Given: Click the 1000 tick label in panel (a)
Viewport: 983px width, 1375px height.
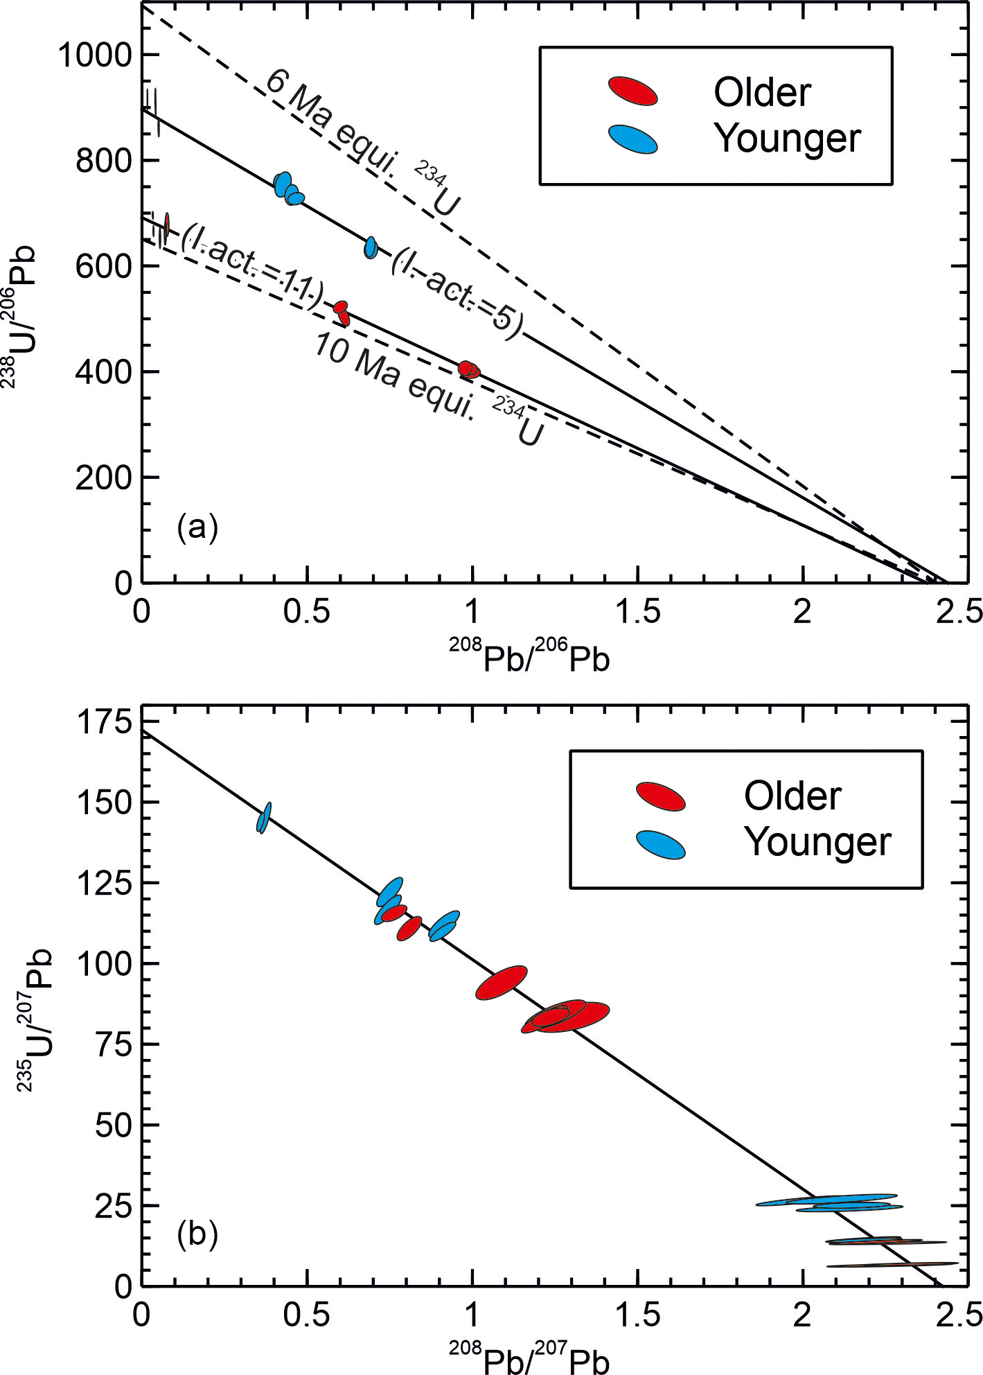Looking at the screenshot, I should [x=94, y=55].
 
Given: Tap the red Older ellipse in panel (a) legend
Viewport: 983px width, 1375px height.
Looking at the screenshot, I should [x=632, y=91].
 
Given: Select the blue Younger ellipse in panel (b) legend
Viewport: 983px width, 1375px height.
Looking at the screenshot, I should [x=660, y=845].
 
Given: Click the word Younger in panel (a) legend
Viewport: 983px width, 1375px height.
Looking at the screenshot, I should [x=788, y=139].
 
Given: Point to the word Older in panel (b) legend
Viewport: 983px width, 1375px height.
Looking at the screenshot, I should [x=792, y=796].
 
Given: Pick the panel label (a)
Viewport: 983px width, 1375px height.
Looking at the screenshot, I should [x=197, y=527].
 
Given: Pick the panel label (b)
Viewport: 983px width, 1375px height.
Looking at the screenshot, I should [x=197, y=1234].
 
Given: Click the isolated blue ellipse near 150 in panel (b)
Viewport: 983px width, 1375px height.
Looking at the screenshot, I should [x=264, y=818].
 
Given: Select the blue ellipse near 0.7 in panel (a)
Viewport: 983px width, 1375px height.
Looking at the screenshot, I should [x=371, y=247].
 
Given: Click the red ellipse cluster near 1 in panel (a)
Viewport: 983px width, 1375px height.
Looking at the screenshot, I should [x=469, y=369].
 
